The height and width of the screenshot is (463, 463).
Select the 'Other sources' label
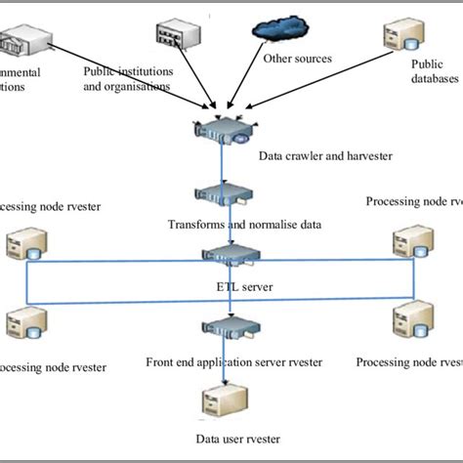(x=298, y=59)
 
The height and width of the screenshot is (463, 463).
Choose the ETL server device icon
(x=231, y=257)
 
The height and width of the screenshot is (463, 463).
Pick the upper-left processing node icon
(x=21, y=244)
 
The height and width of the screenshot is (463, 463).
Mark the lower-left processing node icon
(x=21, y=321)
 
